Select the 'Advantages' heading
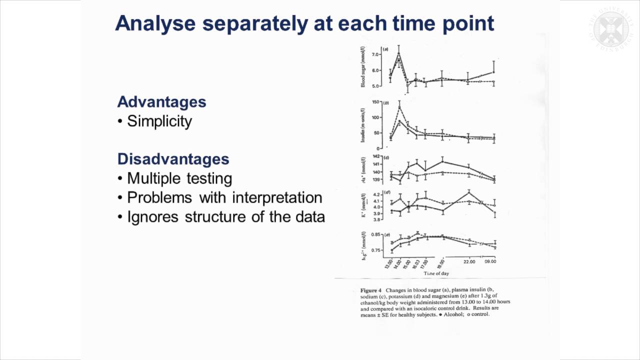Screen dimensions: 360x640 click(161, 102)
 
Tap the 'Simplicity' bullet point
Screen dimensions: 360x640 click(159, 121)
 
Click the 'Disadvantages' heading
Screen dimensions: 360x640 click(173, 159)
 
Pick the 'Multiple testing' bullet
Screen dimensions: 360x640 click(179, 178)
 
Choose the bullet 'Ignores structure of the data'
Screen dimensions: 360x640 click(225, 217)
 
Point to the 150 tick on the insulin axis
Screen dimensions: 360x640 click(376, 102)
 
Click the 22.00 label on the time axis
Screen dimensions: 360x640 click(468, 261)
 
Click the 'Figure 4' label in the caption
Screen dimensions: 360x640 click(372, 290)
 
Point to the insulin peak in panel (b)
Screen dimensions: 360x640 click(399, 106)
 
